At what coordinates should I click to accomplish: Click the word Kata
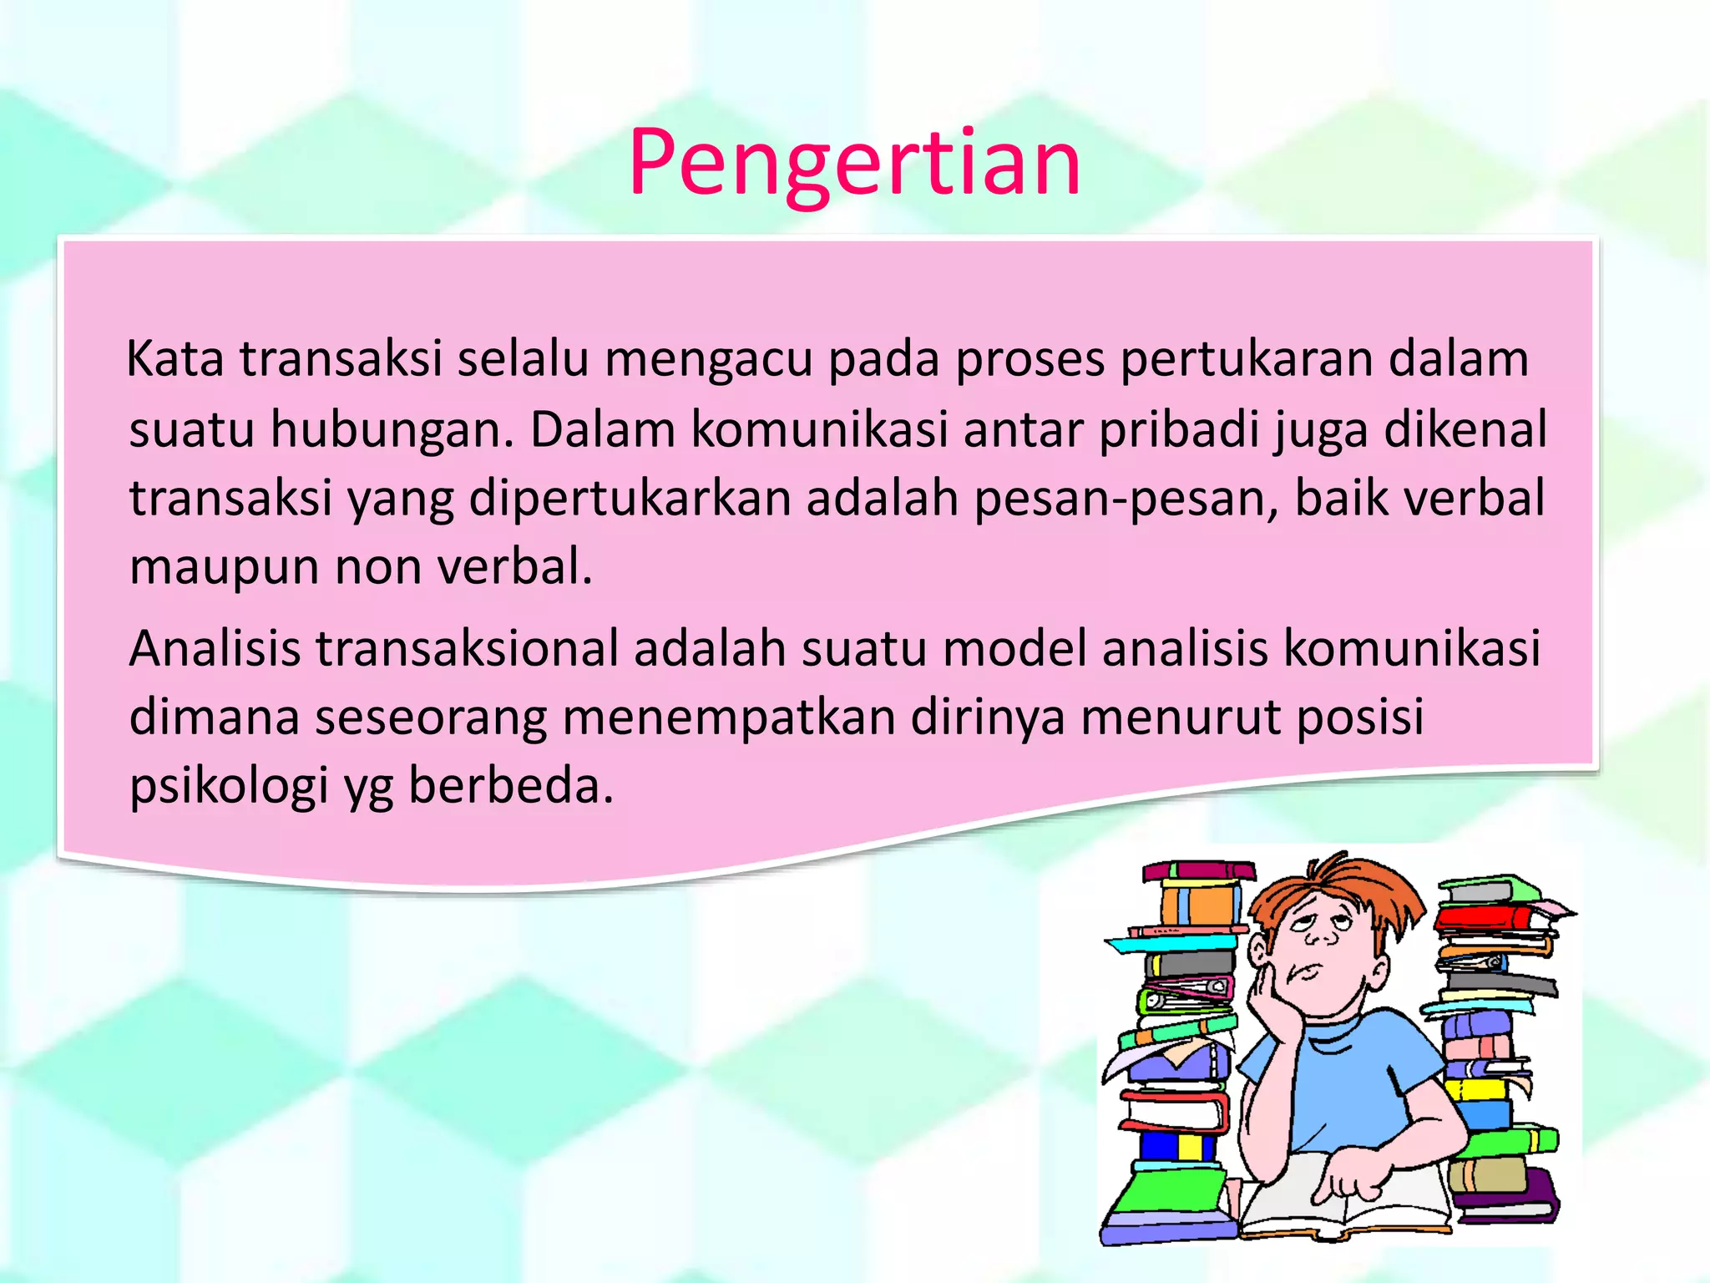[x=175, y=359]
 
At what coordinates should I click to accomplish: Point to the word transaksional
[x=467, y=648]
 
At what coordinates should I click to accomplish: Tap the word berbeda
[x=510, y=786]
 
